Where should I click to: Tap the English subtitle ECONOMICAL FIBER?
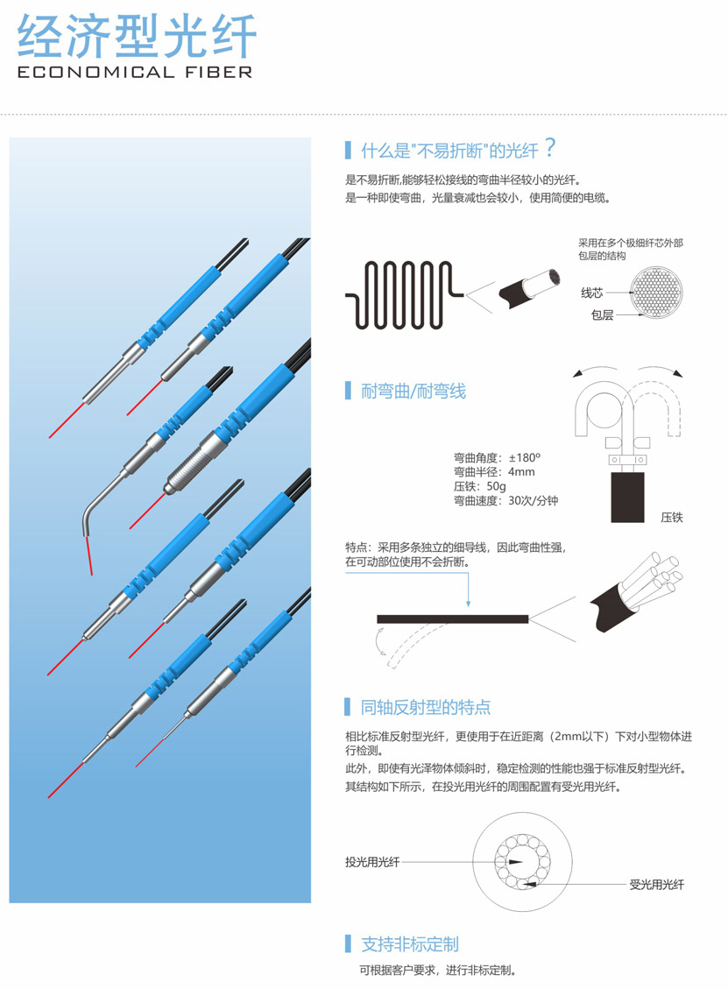[x=135, y=73]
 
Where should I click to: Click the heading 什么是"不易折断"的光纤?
[x=449, y=150]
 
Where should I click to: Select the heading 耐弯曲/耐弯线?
[x=413, y=391]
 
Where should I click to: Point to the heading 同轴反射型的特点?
[x=425, y=707]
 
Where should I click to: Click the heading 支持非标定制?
[x=409, y=944]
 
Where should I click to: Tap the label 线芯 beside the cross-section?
[x=591, y=293]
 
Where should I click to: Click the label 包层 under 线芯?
[x=602, y=314]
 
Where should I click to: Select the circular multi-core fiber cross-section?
[x=656, y=292]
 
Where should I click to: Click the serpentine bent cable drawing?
[x=405, y=294]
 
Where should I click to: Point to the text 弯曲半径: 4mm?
[x=494, y=472]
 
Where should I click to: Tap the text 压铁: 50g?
[x=479, y=486]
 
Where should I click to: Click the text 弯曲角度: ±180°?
[x=497, y=457]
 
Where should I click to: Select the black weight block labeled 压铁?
[x=628, y=497]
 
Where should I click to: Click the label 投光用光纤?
[x=372, y=862]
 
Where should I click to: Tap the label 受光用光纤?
[x=656, y=884]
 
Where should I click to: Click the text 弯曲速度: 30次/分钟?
[x=505, y=501]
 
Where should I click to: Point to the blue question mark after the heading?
[x=550, y=147]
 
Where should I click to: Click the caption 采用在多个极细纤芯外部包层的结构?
[x=630, y=249]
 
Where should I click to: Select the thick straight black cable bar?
[x=452, y=619]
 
